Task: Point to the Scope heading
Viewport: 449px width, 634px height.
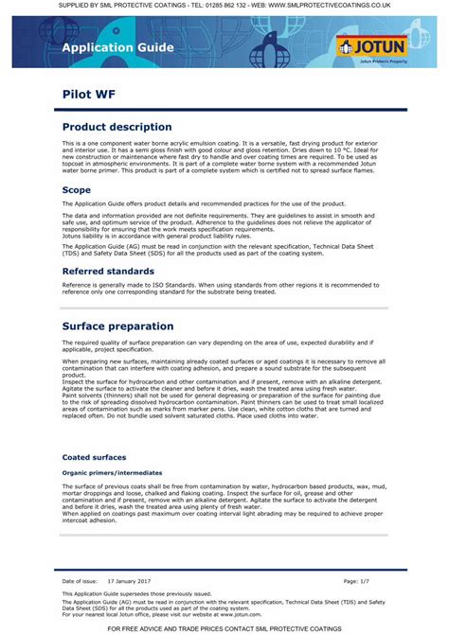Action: [x=76, y=190]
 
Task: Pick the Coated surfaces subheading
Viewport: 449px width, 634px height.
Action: [x=93, y=457]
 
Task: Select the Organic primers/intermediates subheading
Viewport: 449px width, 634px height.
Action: [x=112, y=471]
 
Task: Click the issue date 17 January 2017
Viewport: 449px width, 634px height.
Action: [x=130, y=580]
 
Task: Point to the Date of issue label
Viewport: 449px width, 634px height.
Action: [x=81, y=580]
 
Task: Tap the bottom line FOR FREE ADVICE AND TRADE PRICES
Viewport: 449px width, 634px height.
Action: [x=224, y=628]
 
